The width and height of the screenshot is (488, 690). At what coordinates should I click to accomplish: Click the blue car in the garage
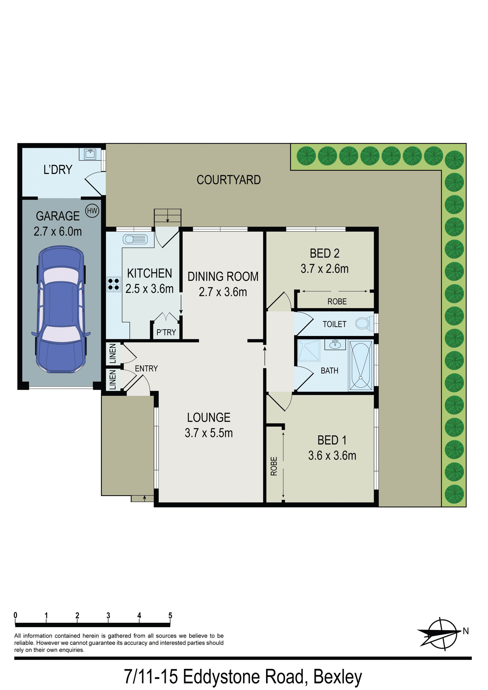coord(61,309)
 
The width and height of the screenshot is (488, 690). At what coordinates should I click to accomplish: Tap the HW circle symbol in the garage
coord(92,211)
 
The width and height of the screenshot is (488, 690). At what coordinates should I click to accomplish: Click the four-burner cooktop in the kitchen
coord(114,284)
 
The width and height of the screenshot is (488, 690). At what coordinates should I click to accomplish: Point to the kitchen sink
coord(135,239)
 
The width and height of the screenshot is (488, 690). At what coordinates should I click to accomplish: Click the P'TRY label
coord(166,332)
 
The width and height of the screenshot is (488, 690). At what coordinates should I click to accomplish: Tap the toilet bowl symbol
coord(363,323)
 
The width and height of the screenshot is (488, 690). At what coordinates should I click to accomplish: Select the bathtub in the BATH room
coord(361,365)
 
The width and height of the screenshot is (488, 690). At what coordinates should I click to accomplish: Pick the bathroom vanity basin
coord(335,344)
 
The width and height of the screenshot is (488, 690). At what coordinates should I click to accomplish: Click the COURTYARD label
coord(228,180)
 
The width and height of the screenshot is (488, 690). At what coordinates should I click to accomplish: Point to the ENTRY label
coord(146,368)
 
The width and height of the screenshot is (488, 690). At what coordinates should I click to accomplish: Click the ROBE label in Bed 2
coord(337,302)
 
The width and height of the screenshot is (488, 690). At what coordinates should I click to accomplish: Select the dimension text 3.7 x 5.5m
coord(209,433)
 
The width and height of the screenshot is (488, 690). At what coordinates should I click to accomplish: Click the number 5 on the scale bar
coord(170,616)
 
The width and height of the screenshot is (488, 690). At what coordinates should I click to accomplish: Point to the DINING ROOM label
coord(223,276)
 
